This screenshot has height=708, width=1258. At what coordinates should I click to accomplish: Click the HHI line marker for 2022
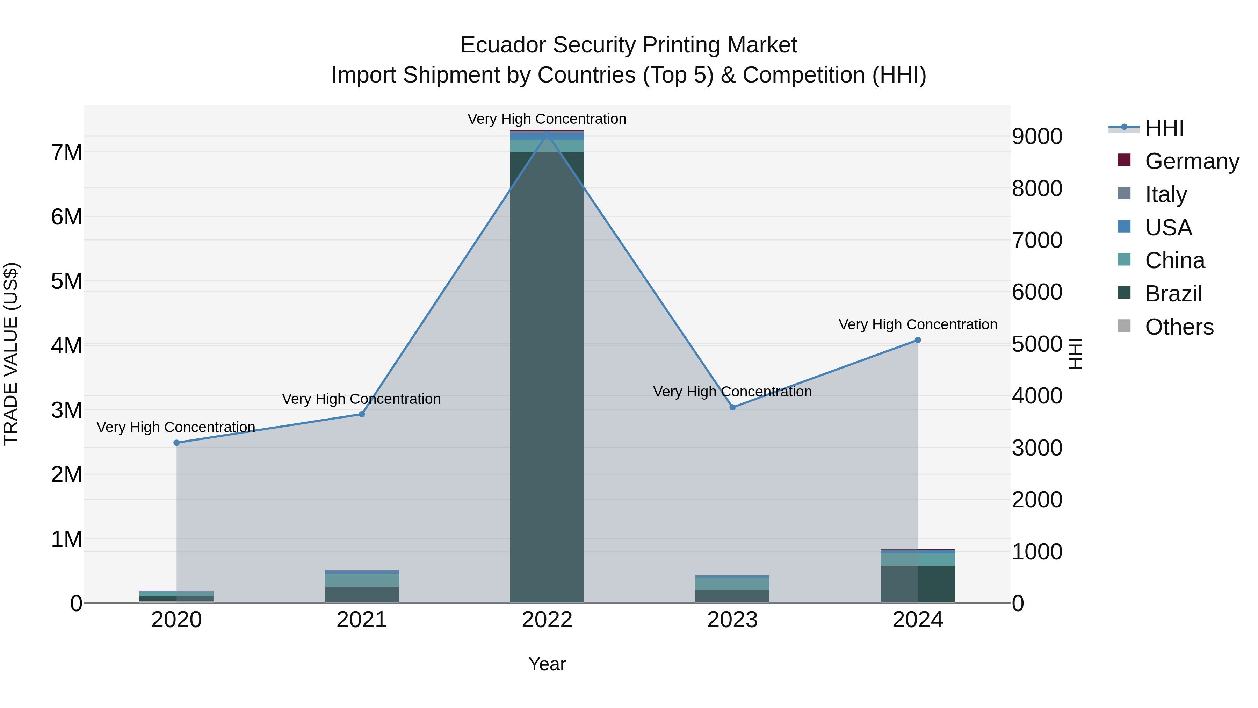(x=547, y=133)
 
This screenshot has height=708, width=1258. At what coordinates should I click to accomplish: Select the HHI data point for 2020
(x=177, y=443)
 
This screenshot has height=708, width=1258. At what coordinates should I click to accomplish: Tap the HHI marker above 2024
(x=918, y=340)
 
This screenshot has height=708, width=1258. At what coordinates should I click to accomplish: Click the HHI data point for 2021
(x=362, y=414)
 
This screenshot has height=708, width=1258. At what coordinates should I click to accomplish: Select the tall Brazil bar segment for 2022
(x=547, y=376)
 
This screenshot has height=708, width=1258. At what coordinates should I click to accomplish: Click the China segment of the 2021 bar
(x=362, y=580)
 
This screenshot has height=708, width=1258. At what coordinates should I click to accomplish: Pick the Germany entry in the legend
(x=1192, y=161)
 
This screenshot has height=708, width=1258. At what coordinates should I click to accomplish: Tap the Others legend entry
(x=1179, y=327)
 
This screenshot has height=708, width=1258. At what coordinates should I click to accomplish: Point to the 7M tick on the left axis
(x=66, y=152)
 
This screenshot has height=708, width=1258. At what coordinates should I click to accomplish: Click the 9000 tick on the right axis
(x=1036, y=137)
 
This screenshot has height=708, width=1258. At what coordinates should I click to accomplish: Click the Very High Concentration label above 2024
(x=918, y=324)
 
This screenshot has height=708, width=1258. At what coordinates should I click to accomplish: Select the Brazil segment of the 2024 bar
(x=918, y=584)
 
